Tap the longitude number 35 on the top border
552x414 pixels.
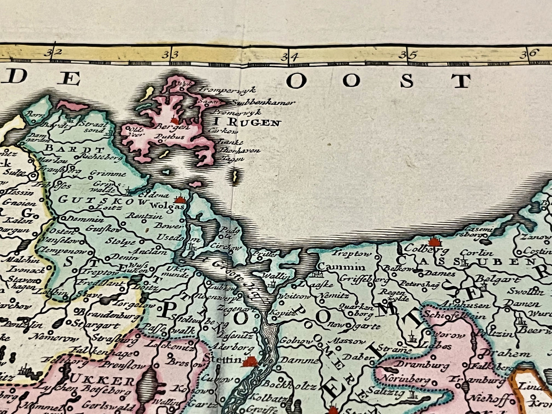(x=412, y=54)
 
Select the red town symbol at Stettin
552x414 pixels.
(x=251, y=361)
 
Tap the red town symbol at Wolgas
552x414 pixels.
(x=179, y=199)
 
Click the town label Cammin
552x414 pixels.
(x=342, y=267)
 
